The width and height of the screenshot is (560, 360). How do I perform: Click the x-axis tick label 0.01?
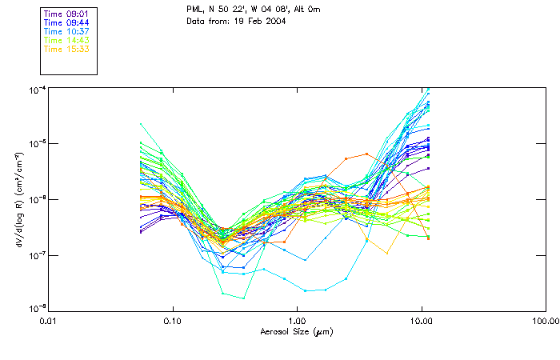click(49, 321)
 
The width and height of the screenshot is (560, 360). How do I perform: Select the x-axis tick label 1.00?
click(298, 321)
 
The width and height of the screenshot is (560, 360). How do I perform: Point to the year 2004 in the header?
click(274, 20)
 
